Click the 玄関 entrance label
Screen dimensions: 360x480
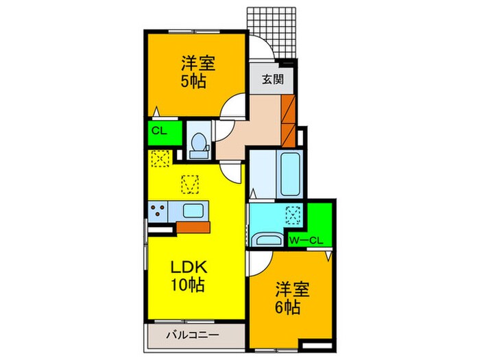[x=273, y=79]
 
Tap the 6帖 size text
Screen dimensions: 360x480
[x=288, y=307]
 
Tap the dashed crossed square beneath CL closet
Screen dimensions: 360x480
[x=160, y=158]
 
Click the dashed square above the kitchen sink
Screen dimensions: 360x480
[x=190, y=184]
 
